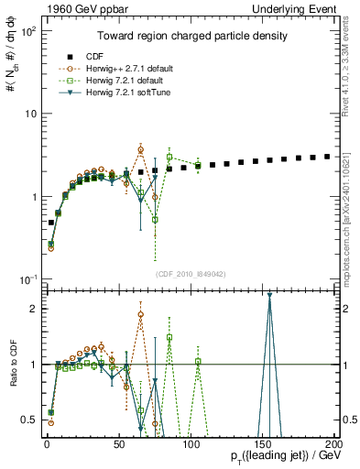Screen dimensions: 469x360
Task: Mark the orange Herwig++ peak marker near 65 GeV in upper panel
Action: pos(141,149)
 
